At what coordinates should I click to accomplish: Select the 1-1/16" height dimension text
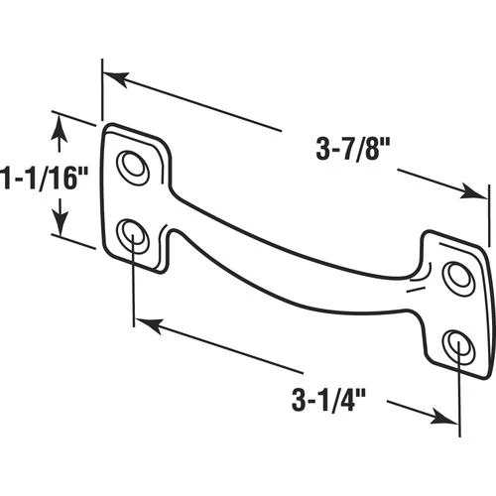tap(46, 178)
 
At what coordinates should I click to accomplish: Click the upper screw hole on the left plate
tap(133, 167)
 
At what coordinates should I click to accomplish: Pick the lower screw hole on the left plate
tap(133, 236)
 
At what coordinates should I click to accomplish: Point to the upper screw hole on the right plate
tap(458, 277)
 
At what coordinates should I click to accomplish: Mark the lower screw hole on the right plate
tap(458, 346)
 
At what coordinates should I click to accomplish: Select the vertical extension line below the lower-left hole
tap(133, 288)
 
